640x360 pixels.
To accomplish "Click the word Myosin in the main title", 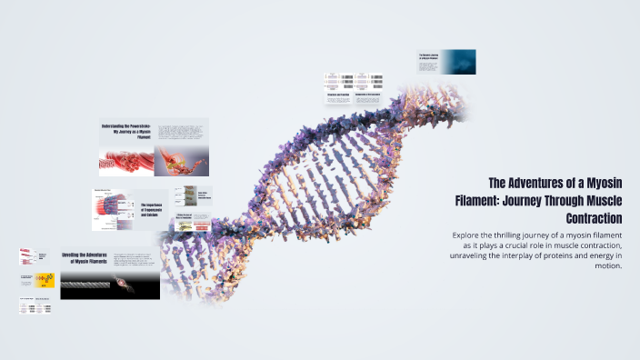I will tap(603, 183).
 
